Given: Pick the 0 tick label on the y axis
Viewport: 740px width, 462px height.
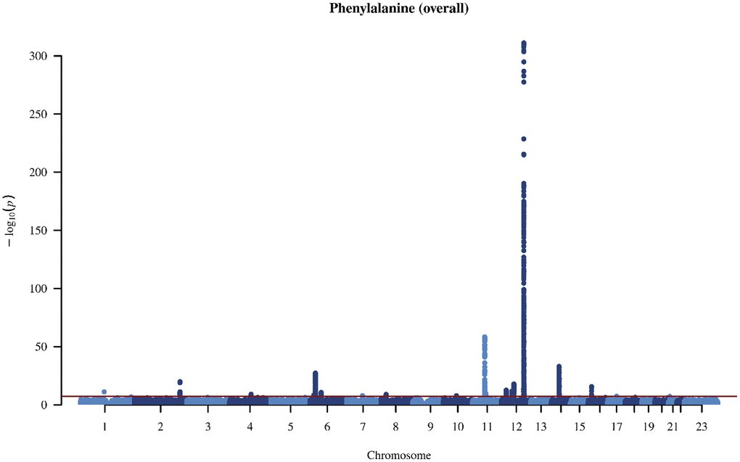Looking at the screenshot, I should coord(49,405).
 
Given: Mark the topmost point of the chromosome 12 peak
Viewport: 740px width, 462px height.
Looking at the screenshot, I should coord(524,44).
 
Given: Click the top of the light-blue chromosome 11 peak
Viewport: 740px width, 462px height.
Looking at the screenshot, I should coord(485,337).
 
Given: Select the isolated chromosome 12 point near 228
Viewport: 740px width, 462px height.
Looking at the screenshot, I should coord(524,139).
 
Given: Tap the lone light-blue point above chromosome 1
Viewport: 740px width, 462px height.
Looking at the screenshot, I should coord(104,392).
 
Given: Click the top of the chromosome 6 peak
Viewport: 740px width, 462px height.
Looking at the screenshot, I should coord(316,373).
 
